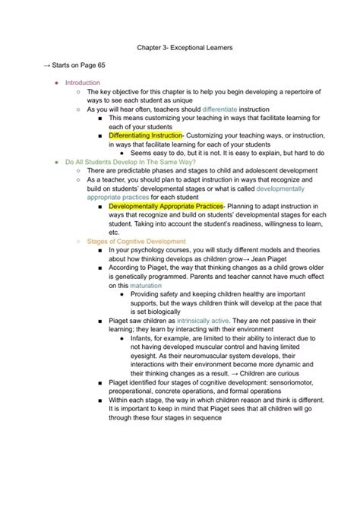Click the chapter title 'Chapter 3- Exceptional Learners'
point(179,48)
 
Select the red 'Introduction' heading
point(82,83)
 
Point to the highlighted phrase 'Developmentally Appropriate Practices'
point(166,206)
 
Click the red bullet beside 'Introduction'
point(56,83)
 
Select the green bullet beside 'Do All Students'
point(56,162)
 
